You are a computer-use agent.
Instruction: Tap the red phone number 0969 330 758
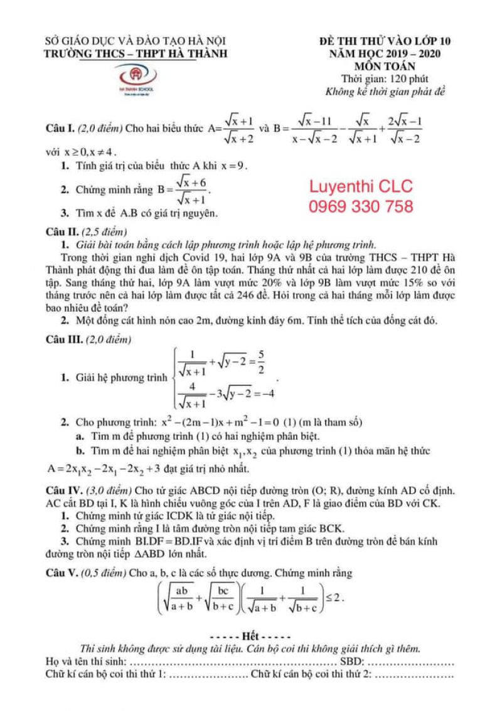pyautogui.click(x=361, y=206)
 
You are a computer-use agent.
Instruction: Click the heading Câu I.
pyautogui.click(x=60, y=128)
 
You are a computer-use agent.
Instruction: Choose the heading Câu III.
pyautogui.click(x=63, y=339)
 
